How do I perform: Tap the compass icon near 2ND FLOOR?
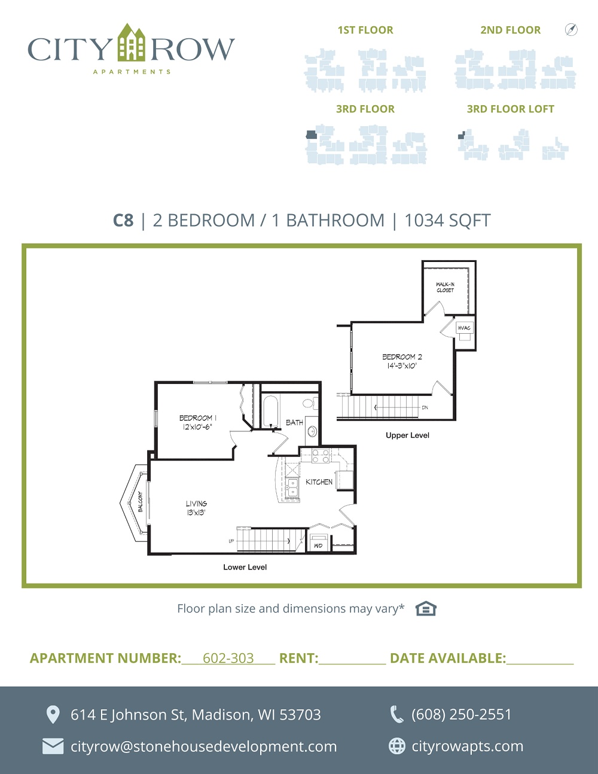pos(571,29)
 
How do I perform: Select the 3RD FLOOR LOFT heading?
pos(511,109)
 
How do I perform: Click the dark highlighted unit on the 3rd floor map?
pos(311,134)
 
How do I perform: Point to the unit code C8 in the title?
pos(123,221)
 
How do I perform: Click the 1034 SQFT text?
pos(448,221)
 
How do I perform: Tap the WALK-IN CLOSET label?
pos(446,287)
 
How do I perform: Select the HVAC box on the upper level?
pos(464,328)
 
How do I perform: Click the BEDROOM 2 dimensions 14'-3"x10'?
pos(402,366)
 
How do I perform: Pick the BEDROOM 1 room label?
pos(197,418)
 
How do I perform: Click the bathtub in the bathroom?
pos(270,412)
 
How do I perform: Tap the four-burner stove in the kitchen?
pos(321,456)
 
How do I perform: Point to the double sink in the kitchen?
pos(292,487)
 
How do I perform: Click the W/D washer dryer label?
pos(318,546)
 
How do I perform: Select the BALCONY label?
pos(141,502)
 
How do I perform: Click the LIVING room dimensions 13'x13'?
pos(196,513)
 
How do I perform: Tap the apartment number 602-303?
pos(228,658)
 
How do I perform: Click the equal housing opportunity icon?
pos(426,608)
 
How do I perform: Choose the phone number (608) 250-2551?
pos(461,715)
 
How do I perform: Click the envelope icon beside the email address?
pos(53,746)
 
